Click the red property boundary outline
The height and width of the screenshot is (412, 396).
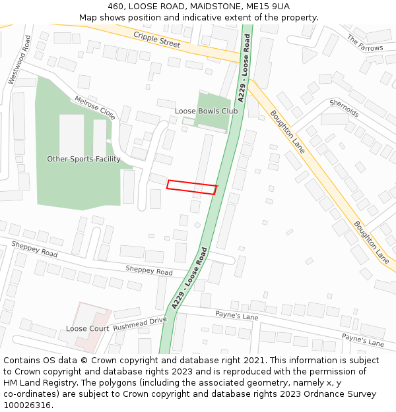click(x=191, y=187)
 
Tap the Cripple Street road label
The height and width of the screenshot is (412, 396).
click(x=156, y=39)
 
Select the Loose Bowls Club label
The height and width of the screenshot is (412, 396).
click(x=206, y=111)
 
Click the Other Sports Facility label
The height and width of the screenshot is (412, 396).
click(x=84, y=159)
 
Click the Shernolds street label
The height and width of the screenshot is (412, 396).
click(x=344, y=109)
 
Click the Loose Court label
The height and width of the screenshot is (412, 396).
click(x=87, y=328)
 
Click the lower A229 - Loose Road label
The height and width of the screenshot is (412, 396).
click(x=189, y=278)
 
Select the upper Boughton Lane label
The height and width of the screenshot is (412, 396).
click(x=287, y=132)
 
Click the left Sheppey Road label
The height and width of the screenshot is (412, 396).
click(x=34, y=249)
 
